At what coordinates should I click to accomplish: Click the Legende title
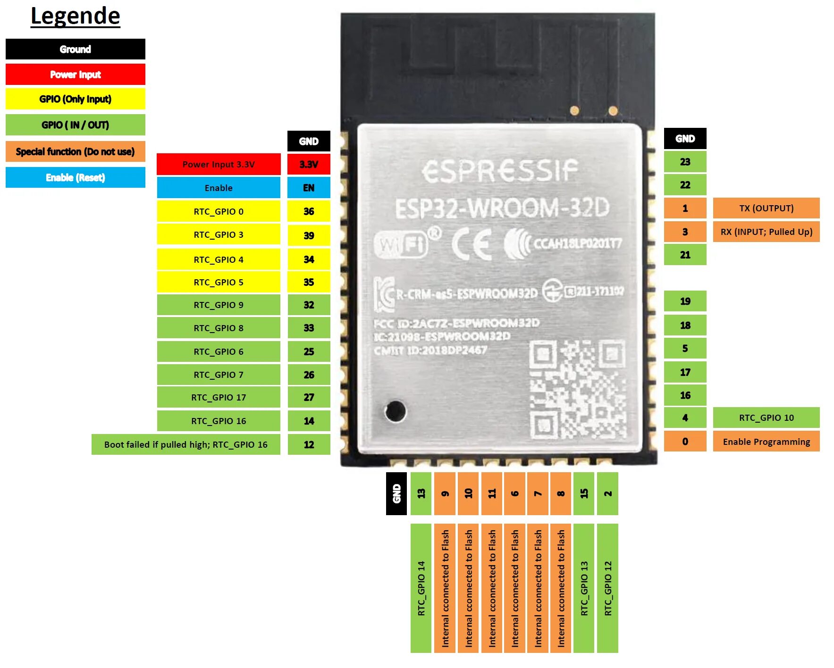[76, 17]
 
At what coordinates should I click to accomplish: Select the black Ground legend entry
[76, 49]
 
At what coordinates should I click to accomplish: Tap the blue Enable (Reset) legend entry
[76, 177]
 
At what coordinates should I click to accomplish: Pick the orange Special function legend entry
[76, 151]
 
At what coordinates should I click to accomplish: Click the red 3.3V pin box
[309, 164]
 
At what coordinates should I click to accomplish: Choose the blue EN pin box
[309, 188]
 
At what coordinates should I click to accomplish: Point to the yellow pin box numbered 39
[309, 235]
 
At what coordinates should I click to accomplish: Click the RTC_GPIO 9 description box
[219, 305]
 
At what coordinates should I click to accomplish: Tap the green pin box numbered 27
[309, 397]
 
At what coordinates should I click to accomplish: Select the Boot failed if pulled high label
[186, 444]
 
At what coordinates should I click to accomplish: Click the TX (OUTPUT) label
[766, 208]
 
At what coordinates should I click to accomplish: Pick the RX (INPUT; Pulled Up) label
[766, 232]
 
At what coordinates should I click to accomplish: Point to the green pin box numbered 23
[685, 162]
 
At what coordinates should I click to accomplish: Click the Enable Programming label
[766, 442]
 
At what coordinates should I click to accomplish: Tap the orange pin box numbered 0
[685, 442]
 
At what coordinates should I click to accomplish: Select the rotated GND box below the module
[396, 493]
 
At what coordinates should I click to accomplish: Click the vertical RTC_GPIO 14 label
[421, 588]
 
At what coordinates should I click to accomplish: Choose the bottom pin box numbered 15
[584, 493]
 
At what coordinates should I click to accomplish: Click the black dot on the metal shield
[395, 411]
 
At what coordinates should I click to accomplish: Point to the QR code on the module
[578, 389]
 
